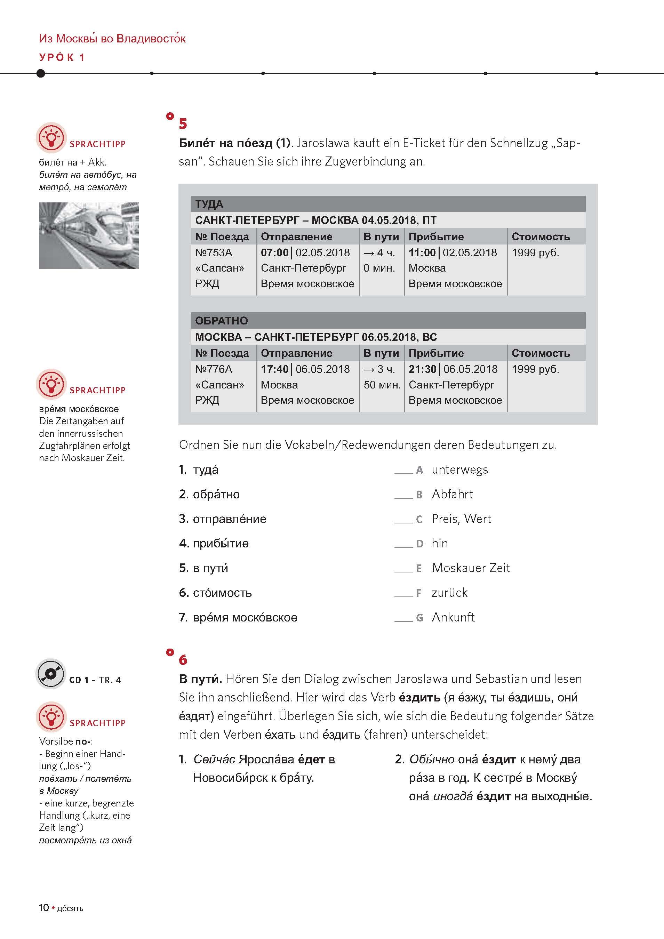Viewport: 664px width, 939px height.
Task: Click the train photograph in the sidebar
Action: click(89, 235)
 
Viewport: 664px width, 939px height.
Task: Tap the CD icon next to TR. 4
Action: click(51, 674)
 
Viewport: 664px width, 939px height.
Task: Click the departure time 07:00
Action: click(274, 253)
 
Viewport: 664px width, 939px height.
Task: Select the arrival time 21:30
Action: click(423, 369)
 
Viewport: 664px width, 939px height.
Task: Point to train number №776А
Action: click(214, 369)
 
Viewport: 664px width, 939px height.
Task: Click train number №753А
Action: click(214, 253)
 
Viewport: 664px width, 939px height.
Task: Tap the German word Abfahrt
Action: click(452, 495)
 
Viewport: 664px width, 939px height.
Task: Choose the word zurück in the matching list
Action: click(449, 593)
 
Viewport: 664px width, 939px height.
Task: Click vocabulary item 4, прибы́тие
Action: click(221, 544)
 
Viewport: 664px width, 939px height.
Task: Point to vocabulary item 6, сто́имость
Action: click(222, 593)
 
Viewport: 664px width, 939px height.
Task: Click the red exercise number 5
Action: click(183, 123)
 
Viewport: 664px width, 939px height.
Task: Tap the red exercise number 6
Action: click(183, 660)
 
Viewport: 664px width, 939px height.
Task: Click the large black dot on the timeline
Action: click(40, 73)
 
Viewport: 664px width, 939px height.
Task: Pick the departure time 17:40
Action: click(274, 369)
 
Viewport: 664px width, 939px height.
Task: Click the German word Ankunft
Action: click(453, 617)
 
